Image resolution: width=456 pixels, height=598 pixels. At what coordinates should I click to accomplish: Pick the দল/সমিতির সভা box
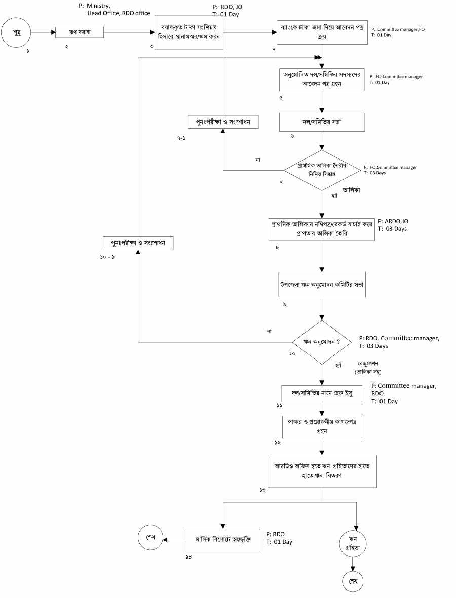(x=322, y=122)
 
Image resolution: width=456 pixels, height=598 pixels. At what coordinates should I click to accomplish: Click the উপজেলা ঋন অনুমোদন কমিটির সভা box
(x=322, y=285)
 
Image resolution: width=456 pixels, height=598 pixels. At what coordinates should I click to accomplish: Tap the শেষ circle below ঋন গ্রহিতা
(x=353, y=580)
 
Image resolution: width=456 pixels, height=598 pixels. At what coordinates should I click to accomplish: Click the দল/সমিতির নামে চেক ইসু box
(x=322, y=393)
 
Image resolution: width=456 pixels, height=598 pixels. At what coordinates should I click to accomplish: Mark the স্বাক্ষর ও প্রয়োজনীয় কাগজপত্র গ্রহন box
(x=322, y=427)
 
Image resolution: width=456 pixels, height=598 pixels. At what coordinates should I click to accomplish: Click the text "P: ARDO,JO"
(x=393, y=221)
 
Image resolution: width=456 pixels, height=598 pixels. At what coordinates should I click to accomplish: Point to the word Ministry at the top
(x=99, y=6)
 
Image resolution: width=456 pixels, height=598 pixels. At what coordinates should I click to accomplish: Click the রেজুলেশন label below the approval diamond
(x=368, y=363)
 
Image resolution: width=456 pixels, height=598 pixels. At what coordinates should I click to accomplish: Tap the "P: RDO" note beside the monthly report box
(x=276, y=534)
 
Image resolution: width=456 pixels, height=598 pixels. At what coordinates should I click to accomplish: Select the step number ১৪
(x=189, y=556)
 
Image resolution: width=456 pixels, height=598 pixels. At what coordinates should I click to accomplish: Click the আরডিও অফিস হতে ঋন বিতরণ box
(x=322, y=471)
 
